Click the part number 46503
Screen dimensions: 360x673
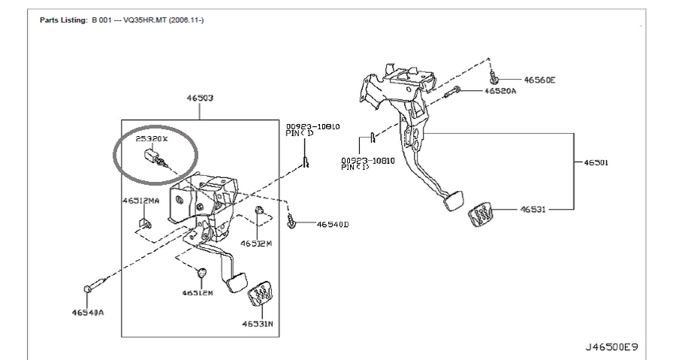click(x=200, y=98)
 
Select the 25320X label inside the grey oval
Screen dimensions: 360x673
click(x=152, y=139)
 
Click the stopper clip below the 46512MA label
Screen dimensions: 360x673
click(x=146, y=223)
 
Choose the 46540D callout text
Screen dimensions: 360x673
click(x=333, y=224)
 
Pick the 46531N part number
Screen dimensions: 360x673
click(x=257, y=324)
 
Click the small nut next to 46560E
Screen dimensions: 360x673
click(x=497, y=78)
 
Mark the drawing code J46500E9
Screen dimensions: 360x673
click(x=611, y=347)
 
